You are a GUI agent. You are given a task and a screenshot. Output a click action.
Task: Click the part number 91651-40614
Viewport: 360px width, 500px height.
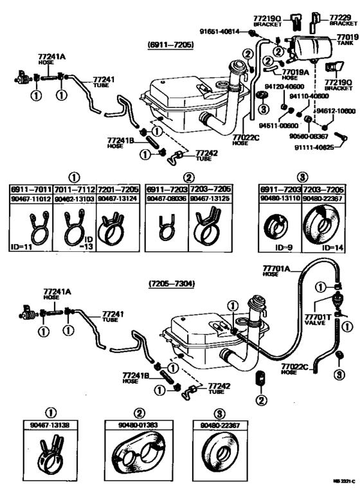(218, 31)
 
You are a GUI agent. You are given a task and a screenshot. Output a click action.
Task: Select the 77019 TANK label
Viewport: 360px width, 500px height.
(346, 40)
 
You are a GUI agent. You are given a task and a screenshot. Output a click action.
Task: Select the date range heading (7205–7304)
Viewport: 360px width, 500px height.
(171, 283)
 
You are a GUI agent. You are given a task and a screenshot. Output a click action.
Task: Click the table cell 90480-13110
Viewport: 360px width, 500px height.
(279, 200)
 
